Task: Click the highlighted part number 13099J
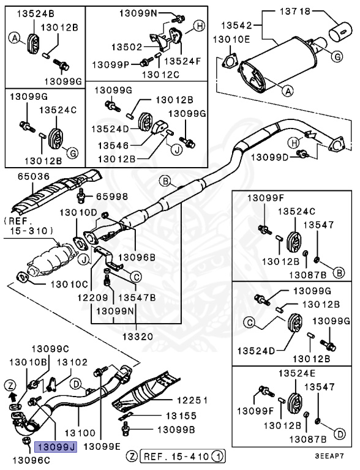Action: [54, 447]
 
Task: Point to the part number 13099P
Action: [111, 64]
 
